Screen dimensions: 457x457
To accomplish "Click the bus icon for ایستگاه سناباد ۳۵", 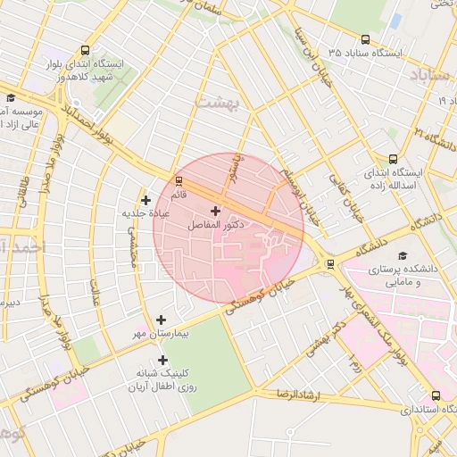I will coord(365,39).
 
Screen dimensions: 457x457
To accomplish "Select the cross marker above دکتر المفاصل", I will coord(215,211).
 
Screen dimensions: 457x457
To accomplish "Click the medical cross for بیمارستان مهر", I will coord(161,320).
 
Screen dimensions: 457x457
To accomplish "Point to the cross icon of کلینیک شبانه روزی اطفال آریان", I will coord(162,360).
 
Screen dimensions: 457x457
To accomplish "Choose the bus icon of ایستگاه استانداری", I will coord(436,395).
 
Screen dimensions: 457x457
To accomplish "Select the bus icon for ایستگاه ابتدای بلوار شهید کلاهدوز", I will coord(85,51).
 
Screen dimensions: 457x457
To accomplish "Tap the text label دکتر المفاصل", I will coord(215,227).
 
